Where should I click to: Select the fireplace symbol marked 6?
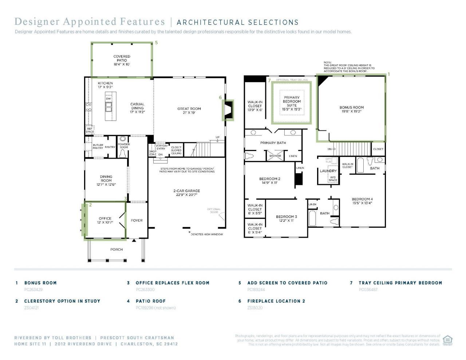[x=228, y=110]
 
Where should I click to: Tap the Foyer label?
[x=137, y=220]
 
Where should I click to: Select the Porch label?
[x=116, y=249]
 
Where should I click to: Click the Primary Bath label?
[x=273, y=143]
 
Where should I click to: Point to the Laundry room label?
[x=328, y=171]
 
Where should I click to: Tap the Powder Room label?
[x=124, y=146]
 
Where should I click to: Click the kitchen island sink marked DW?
[x=108, y=106]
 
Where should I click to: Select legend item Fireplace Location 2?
[x=276, y=301]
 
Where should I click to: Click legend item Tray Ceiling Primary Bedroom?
[x=400, y=282]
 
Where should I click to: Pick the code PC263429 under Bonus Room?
[x=33, y=290]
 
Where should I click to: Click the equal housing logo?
[x=447, y=340]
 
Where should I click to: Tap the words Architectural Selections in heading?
[x=237, y=23]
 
